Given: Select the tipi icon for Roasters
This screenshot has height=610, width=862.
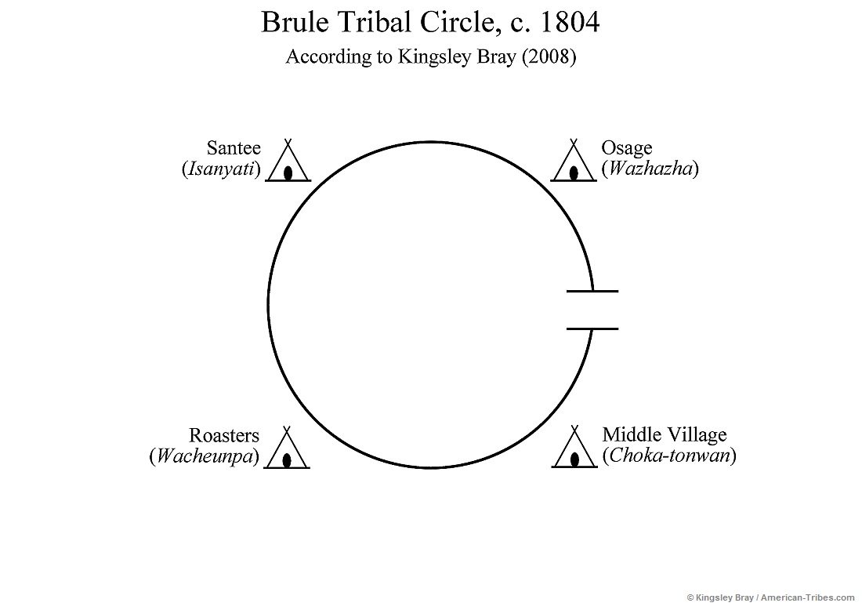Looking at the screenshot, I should coord(288,451).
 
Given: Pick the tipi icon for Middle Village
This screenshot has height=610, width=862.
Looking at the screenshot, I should coord(574,450).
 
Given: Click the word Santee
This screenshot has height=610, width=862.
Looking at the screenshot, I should coord(234,148).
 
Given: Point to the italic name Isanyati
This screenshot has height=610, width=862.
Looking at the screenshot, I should coord(221,169).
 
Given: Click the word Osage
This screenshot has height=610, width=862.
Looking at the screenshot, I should coord(627,148).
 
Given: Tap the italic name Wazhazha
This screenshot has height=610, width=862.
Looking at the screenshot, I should coord(650,169).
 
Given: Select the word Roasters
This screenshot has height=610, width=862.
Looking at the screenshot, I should coord(223,435).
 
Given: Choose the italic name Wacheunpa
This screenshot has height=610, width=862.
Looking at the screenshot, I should coord(205,456).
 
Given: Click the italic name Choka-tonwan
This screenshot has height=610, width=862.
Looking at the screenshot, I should coord(669,456).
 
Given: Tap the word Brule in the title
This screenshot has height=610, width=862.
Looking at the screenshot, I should coord(290,23).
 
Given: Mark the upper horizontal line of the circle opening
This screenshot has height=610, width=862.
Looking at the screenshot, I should coord(592,291).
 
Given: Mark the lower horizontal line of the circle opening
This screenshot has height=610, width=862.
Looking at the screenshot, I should coord(592,329).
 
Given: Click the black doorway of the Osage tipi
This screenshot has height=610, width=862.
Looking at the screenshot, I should coord(574,172).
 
